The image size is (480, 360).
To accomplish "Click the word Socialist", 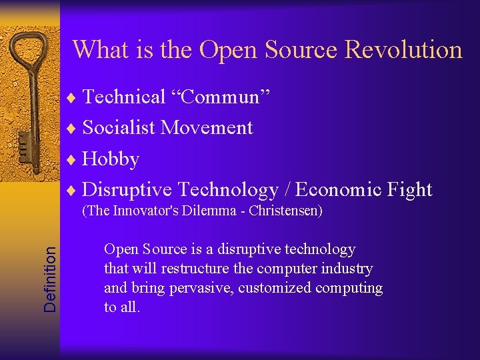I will [x=119, y=128].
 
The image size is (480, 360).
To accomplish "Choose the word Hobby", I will [x=111, y=159].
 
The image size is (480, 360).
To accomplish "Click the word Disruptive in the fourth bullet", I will [x=127, y=190].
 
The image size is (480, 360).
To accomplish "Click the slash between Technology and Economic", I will [x=287, y=190].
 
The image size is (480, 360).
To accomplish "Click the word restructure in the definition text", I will [x=185, y=269].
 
